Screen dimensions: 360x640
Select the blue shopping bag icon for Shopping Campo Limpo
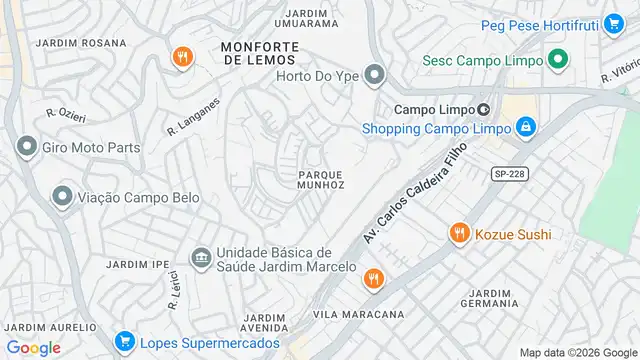click(525, 128)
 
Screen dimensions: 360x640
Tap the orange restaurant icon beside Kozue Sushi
click(459, 234)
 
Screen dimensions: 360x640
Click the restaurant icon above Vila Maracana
click(373, 279)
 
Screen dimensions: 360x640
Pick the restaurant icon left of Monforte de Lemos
click(181, 57)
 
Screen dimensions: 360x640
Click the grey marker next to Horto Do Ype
click(374, 74)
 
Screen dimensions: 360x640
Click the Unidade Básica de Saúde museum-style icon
click(200, 258)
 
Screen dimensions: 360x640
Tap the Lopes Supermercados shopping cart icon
click(124, 343)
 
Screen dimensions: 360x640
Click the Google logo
click(34, 347)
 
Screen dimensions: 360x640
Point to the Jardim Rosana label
click(81, 43)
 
